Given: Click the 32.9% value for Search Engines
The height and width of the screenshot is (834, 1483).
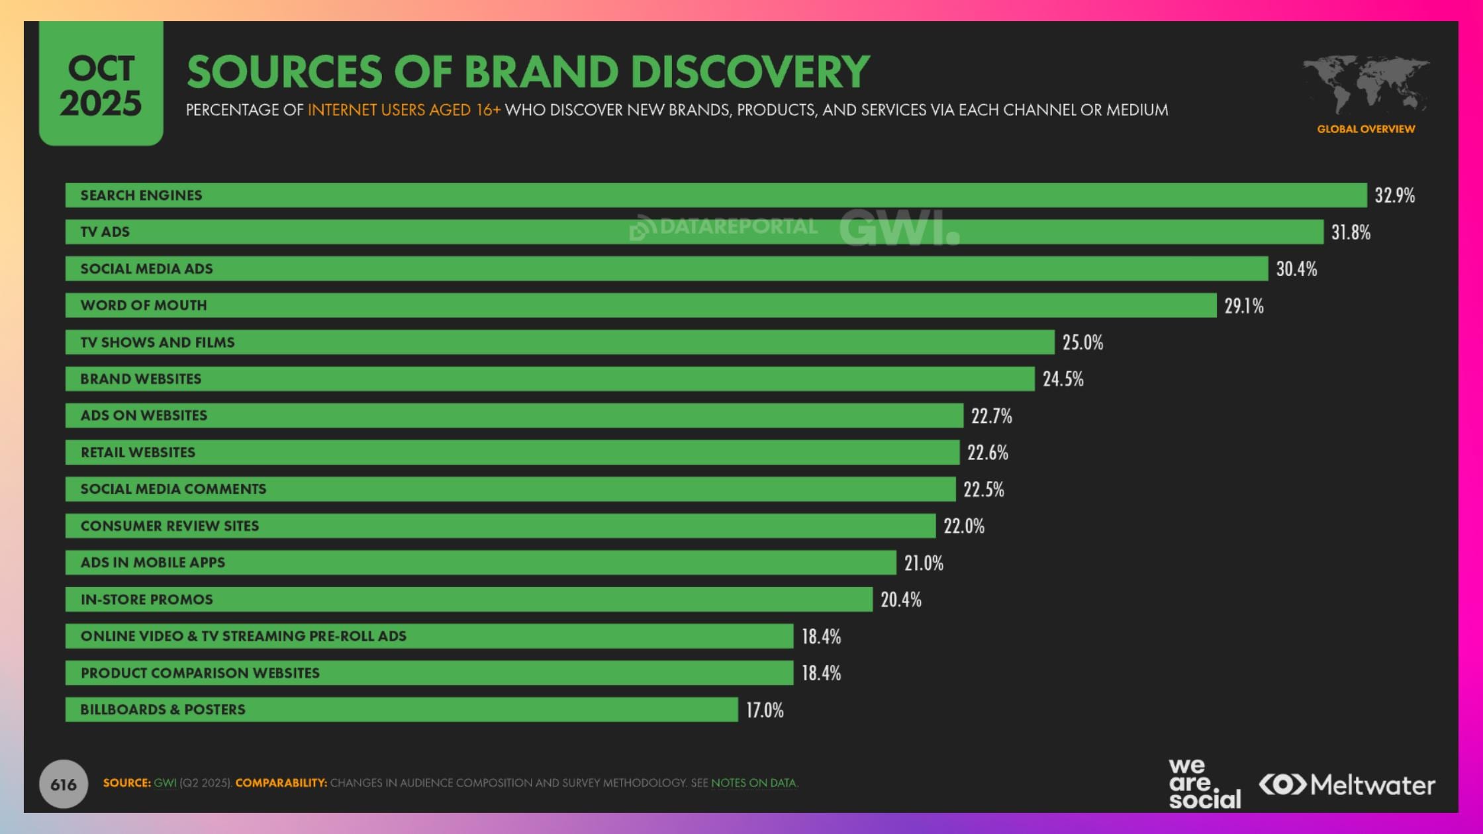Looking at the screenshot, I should pos(1394,195).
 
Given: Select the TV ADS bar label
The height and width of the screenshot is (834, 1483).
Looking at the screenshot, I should pos(105,232).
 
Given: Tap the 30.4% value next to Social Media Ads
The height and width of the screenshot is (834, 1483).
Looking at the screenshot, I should pos(1296,269).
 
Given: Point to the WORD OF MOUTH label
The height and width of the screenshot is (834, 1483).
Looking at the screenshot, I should pos(144,305).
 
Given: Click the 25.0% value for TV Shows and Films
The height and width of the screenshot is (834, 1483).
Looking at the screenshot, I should pos(1082,342).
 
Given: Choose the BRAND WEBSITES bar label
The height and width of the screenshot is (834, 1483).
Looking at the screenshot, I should pos(140,379).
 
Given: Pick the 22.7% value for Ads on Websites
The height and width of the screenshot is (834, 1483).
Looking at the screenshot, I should pos(991,416).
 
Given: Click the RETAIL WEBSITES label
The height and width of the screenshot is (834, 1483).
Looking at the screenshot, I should pos(138,452).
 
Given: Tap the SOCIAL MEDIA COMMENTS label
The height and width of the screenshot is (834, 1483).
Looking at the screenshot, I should pos(173,488).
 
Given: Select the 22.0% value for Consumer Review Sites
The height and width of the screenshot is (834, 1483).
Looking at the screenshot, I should pos(964,526).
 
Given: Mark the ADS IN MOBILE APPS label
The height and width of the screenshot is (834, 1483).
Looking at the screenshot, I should pos(152,562).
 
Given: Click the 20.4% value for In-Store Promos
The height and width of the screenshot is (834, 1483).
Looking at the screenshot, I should pos(900,600).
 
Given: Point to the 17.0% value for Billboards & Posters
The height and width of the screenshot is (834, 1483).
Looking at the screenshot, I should pos(765,710).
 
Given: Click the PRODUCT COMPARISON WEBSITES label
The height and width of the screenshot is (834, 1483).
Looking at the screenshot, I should pos(200,672).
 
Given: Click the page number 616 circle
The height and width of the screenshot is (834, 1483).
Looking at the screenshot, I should pos(64,784).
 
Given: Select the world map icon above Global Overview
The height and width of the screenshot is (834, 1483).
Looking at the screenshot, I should pos(1366,85).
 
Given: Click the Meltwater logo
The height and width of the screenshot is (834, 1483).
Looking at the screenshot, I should pos(1347,785).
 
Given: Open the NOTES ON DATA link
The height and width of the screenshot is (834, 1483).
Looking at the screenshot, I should pos(753,783).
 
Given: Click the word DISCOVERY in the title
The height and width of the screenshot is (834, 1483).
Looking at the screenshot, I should pos(749,71).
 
